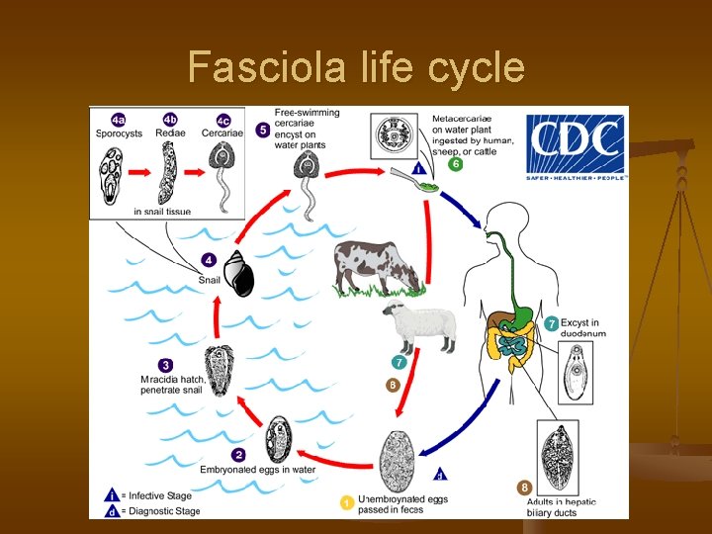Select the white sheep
point(419,325)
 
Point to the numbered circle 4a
point(118,119)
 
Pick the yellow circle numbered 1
point(347,502)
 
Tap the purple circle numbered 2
point(210,454)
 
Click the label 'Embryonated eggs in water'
point(259,469)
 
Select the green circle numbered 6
point(456,164)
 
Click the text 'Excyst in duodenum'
point(582,328)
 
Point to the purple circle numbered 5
point(262,130)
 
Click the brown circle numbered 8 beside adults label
point(524,487)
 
